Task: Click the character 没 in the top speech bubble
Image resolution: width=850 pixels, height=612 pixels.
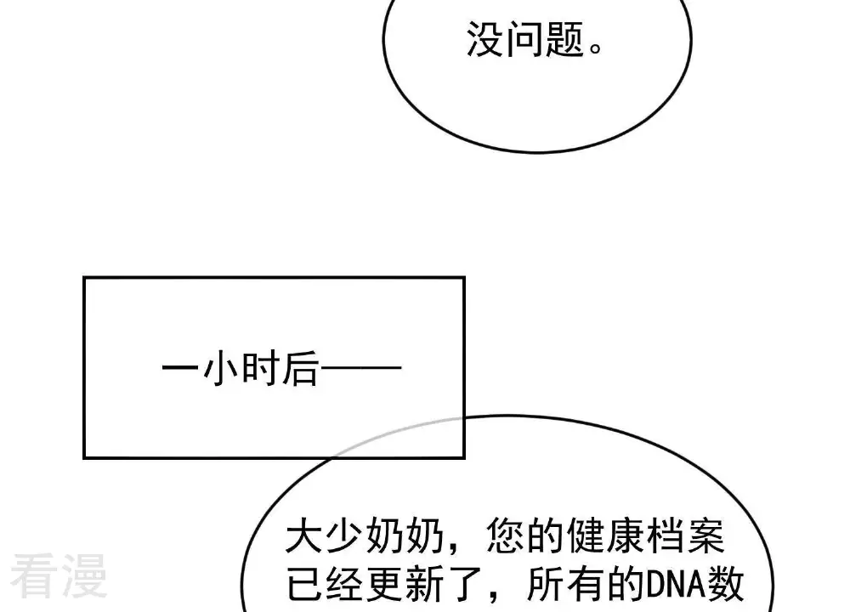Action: pos(485,39)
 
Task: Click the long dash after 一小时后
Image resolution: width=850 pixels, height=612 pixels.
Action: pos(361,368)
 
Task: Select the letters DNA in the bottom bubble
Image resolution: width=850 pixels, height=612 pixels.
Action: pos(676,584)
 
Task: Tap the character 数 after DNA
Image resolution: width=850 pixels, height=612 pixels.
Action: pos(724,584)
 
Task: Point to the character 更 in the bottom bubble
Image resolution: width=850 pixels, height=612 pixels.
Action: pos(385,584)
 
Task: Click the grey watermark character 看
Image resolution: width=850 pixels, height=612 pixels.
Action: pos(32,575)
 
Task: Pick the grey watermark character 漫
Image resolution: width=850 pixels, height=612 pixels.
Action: pos(85,575)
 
